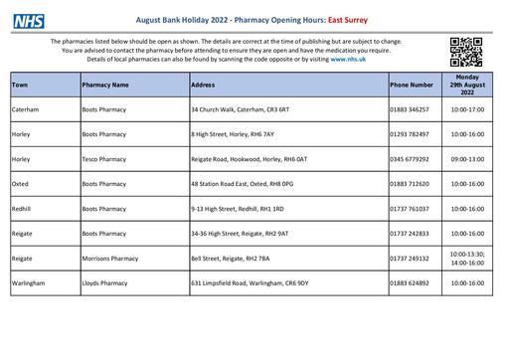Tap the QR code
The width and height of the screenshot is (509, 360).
[466, 49]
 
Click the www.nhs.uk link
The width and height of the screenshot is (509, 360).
[351, 59]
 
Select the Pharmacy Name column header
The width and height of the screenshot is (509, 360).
[106, 86]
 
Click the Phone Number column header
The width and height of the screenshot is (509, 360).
[412, 86]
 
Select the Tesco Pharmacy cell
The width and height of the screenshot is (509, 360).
[104, 158]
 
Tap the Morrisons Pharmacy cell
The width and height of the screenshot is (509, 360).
[109, 258]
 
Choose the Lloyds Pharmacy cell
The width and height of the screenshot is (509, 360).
[103, 283]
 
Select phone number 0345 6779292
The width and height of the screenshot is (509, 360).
[411, 158]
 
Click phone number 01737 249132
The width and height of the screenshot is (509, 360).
[411, 258]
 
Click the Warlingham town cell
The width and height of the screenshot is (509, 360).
[29, 283]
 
